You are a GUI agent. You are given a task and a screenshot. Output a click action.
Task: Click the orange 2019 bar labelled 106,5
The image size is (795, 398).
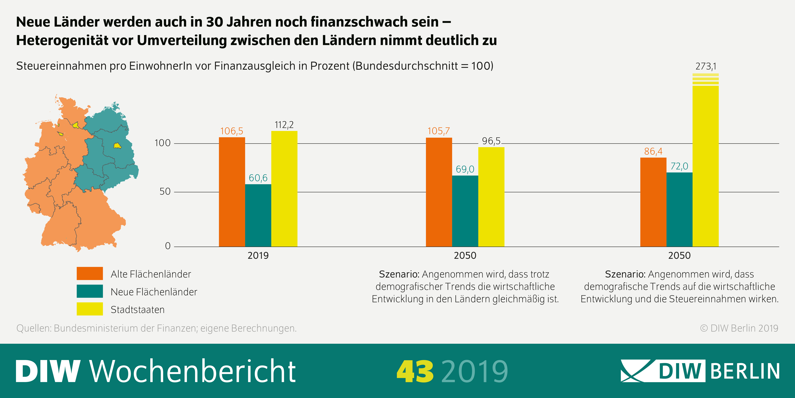tap(232, 192)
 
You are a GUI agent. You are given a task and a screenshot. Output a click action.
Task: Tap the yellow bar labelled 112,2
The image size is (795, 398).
tap(284, 189)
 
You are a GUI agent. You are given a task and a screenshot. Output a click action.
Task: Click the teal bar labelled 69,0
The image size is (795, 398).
tap(465, 211)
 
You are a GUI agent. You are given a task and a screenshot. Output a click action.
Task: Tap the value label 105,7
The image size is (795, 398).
tap(439, 131)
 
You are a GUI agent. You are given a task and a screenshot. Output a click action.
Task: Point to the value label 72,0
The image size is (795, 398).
tap(679, 166)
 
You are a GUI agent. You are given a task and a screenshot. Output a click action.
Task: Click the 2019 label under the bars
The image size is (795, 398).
tap(258, 256)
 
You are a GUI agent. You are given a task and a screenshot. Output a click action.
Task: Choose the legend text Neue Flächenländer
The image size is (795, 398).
tap(154, 292)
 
